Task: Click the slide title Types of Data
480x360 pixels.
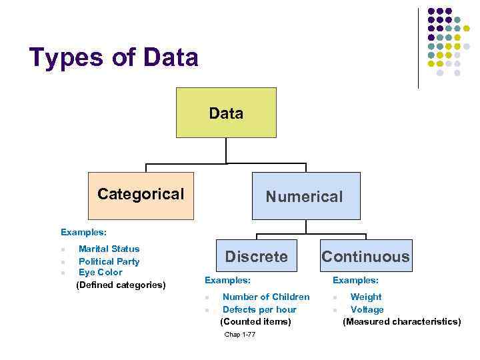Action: click(x=114, y=58)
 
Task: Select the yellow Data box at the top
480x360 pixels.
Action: click(x=226, y=113)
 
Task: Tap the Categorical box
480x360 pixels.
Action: click(x=141, y=195)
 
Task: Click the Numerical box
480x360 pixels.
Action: click(x=305, y=196)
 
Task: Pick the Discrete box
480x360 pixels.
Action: click(x=257, y=256)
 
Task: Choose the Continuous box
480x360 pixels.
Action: click(x=366, y=256)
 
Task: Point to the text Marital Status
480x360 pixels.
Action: click(x=109, y=249)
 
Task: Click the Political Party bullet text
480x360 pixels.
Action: click(x=109, y=261)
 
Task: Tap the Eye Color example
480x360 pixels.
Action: click(x=100, y=273)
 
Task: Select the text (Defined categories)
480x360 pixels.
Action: click(x=121, y=285)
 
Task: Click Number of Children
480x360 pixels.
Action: click(x=266, y=297)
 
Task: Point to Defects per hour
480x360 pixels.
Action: click(x=259, y=309)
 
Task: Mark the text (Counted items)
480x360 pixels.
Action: click(x=255, y=321)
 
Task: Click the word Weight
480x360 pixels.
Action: click(x=366, y=297)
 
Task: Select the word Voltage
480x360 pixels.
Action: click(x=367, y=309)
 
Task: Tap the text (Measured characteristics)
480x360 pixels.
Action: click(x=401, y=321)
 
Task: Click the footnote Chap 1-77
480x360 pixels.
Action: click(x=240, y=335)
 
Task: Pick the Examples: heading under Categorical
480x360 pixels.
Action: click(x=83, y=233)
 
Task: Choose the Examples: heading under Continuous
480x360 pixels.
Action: click(x=355, y=281)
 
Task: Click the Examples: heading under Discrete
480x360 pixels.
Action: click(x=227, y=281)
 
